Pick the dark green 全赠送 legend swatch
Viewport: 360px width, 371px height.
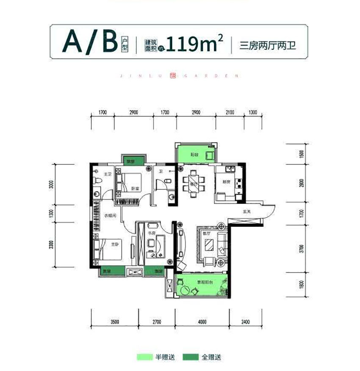pos(191,357)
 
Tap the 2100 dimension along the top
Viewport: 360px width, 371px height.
pos(230,113)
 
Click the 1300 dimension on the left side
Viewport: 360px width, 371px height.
pos(51,213)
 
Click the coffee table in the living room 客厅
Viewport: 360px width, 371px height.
pos(209,246)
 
